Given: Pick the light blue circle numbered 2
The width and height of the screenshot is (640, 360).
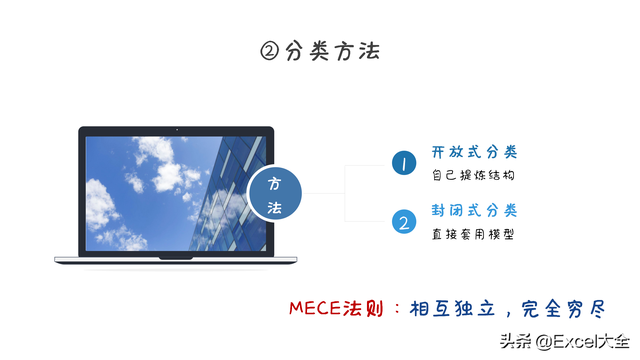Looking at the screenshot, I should coord(403,222).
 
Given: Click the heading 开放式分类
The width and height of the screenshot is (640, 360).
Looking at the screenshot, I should coord(474,153).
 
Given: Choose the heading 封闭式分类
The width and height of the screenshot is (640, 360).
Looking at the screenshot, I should coord(474,211).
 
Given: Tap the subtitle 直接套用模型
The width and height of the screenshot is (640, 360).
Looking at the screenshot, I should coord(474,234).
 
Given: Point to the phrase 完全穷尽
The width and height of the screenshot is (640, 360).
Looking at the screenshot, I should coord(569,307).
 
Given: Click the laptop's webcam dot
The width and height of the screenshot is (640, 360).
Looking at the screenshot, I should coord(176,130).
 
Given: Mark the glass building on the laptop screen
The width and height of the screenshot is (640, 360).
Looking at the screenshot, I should coord(230,190).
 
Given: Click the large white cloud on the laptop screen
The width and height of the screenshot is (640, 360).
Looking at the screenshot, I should coord(150,155).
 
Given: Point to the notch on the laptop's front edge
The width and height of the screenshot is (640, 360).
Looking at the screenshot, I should coord(176,258).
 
